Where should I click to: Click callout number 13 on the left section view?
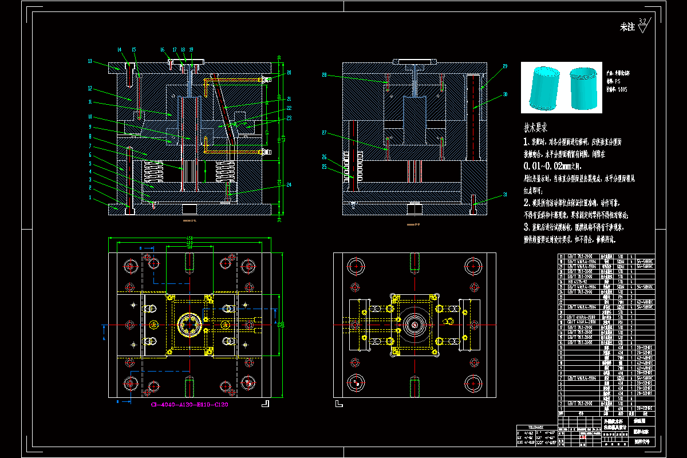pyautogui.click(x=90, y=61)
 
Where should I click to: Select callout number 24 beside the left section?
pyautogui.click(x=289, y=184)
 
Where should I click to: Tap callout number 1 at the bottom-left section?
pyautogui.click(x=90, y=197)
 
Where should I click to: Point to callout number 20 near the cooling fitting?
pyautogui.click(x=289, y=73)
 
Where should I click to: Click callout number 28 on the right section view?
pyautogui.click(x=323, y=75)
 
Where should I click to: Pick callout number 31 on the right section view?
pyautogui.click(x=506, y=195)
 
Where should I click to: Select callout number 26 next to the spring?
pyautogui.click(x=323, y=157)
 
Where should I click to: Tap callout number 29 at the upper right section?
pyautogui.click(x=505, y=67)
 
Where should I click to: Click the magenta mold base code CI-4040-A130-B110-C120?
pyautogui.click(x=189, y=405)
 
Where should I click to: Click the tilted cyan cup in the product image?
pyautogui.click(x=543, y=89)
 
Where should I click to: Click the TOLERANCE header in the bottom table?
pyautogui.click(x=535, y=427)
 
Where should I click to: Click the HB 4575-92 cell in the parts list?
pyautogui.click(x=577, y=281)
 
